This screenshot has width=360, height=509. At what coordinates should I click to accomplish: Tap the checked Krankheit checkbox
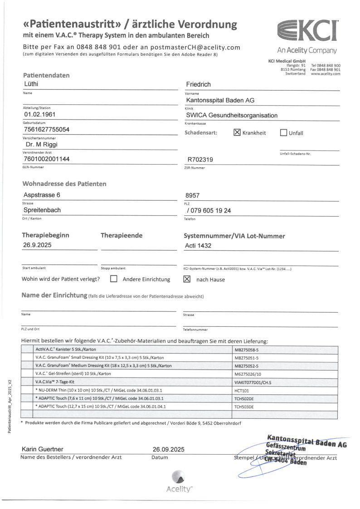point(237,133)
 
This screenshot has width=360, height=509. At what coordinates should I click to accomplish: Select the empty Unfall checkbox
point(284,133)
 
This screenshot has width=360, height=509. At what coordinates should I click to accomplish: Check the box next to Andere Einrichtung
point(114,279)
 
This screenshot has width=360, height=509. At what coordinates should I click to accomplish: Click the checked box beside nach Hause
point(187,279)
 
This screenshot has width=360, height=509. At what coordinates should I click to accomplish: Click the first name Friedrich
point(199,84)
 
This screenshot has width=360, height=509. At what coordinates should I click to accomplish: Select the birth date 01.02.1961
point(39,115)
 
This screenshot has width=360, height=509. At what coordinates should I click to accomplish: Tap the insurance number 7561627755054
point(46,130)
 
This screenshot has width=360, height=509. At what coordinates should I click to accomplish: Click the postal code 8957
point(193,195)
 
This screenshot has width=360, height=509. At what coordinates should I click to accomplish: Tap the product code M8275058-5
point(247,350)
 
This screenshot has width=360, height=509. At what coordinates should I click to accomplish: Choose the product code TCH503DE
point(244,407)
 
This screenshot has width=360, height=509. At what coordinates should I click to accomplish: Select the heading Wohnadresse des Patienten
point(64,184)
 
